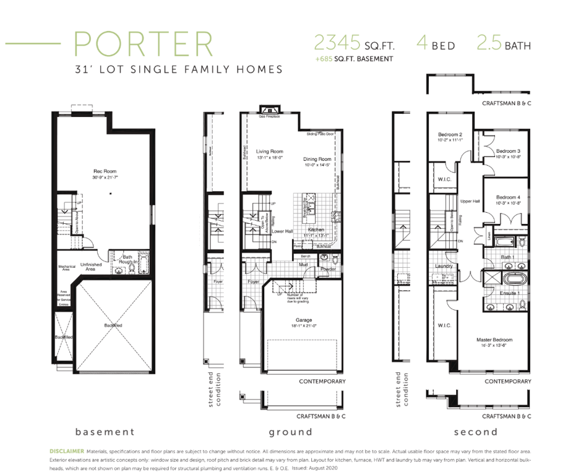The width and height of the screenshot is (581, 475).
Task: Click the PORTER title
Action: [x=143, y=44]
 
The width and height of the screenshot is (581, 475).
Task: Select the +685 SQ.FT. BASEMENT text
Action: [x=353, y=59]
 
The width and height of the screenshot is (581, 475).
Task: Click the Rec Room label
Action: [x=105, y=171]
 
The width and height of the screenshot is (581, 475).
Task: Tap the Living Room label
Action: [x=269, y=152]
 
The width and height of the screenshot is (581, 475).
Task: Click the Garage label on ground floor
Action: [x=303, y=320]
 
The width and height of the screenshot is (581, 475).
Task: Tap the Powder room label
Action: [x=328, y=269]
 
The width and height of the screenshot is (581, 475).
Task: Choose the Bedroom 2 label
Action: [x=450, y=134]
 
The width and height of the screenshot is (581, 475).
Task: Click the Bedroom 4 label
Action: [x=507, y=197]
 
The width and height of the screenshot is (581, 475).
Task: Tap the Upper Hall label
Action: [x=470, y=201]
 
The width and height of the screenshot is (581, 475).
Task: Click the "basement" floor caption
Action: [x=104, y=432]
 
